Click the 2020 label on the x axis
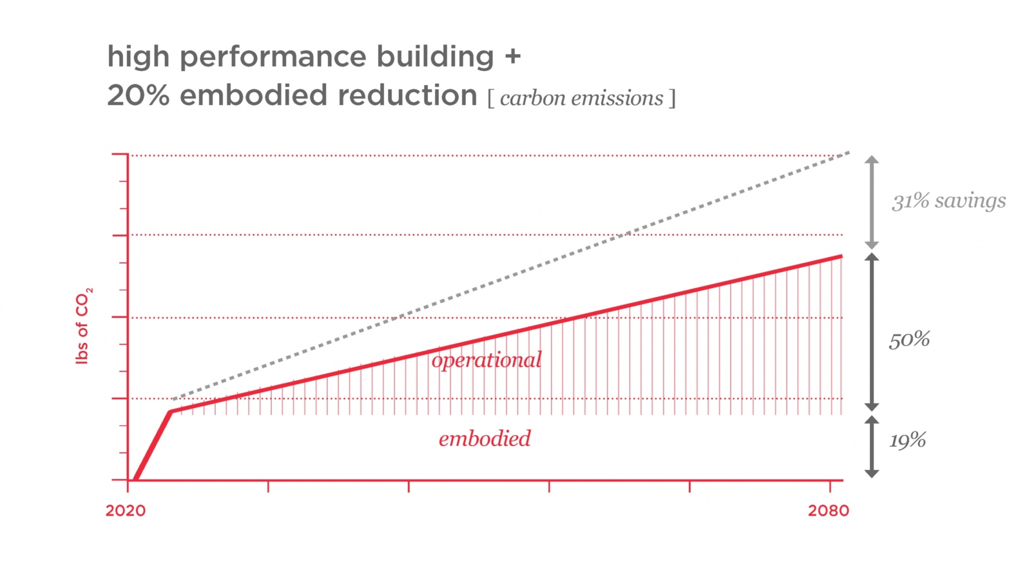click(126, 510)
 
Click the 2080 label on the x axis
click(828, 510)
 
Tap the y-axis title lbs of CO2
click(83, 325)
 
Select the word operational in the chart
click(487, 360)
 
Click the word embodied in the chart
click(485, 439)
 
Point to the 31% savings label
click(949, 201)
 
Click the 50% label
click(909, 340)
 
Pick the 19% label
click(907, 441)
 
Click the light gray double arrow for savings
click(871, 202)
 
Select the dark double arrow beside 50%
click(871, 332)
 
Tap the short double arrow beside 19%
click(871, 447)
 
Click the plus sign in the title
click(512, 56)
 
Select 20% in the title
click(138, 95)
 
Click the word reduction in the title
click(407, 95)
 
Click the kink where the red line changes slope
click(170, 411)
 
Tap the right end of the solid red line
click(840, 257)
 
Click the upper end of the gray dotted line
click(848, 153)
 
